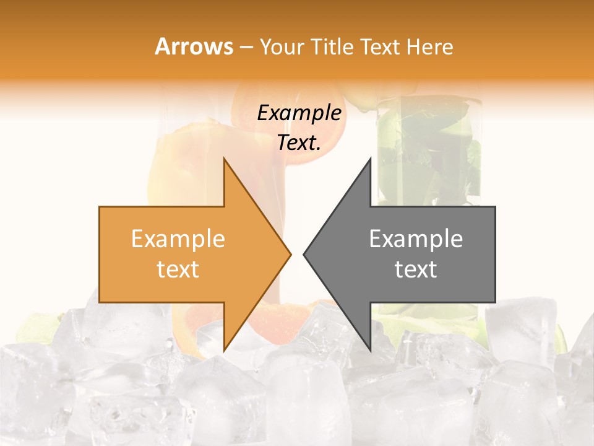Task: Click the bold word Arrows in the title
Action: (x=194, y=46)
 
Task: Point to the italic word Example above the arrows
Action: (x=299, y=113)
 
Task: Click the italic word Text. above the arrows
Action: (x=299, y=142)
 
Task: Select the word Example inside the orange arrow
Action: (x=178, y=239)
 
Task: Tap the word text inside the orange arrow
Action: (x=178, y=269)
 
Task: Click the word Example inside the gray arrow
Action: (x=416, y=239)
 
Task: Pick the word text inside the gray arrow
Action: (x=416, y=269)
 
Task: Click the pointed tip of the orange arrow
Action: (x=291, y=254)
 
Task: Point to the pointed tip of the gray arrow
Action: (x=304, y=254)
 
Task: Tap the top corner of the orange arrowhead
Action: (x=224, y=159)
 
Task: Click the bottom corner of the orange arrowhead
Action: (x=224, y=351)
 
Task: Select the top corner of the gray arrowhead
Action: (x=370, y=159)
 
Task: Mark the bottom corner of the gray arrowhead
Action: (x=370, y=351)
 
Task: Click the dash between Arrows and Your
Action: (x=245, y=47)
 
